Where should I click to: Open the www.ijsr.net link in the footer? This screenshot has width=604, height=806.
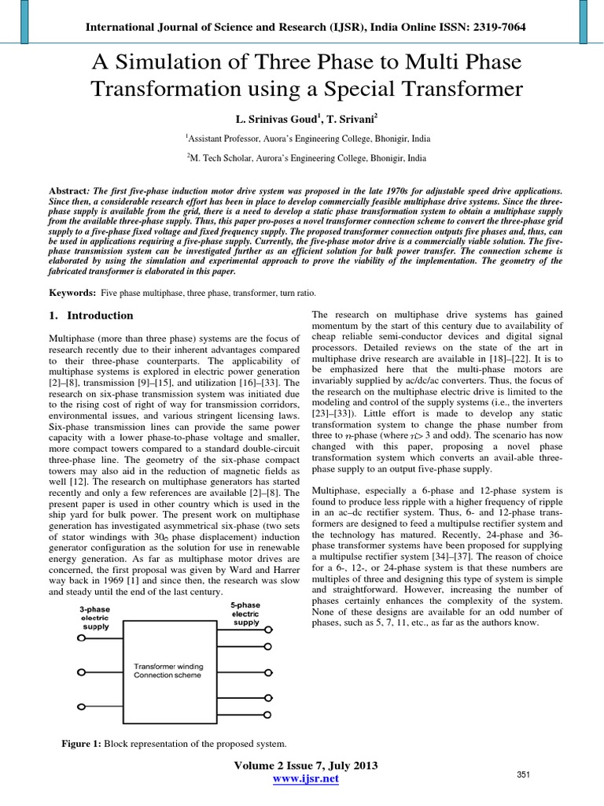click(x=306, y=779)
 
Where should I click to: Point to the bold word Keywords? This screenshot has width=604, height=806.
click(x=66, y=293)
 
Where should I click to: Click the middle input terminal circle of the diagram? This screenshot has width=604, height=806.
click(x=79, y=671)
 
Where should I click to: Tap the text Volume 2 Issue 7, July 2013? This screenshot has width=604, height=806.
click(x=306, y=766)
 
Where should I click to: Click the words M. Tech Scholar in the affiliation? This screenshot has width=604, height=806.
click(x=224, y=157)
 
